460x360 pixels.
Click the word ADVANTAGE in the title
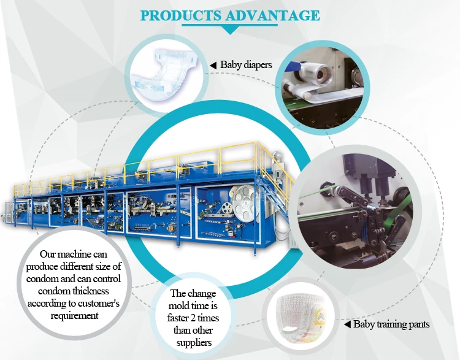pos(274,15)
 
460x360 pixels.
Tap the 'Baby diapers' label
pos(246,64)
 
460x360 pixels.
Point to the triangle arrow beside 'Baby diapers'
pos(213,64)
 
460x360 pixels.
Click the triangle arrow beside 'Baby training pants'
pos(347,324)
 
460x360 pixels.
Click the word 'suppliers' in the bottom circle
pos(192,342)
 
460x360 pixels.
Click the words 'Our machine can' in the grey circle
pos(71,253)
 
